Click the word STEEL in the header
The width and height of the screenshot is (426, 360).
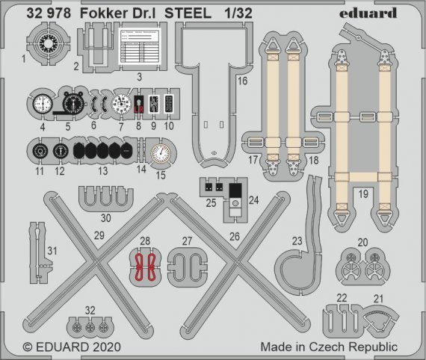click(201, 13)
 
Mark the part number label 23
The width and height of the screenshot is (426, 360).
click(296, 240)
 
